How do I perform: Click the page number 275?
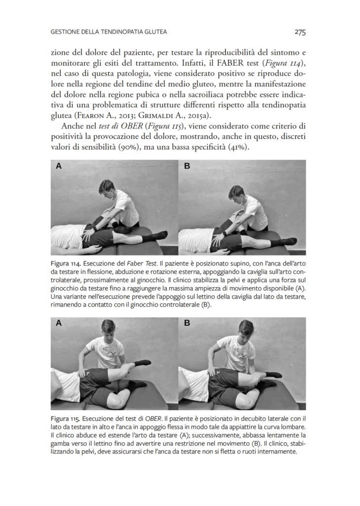300,32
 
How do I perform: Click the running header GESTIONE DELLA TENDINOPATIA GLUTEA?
109,32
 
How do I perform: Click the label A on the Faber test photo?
59,166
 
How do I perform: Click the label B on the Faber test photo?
187,166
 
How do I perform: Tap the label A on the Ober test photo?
59,323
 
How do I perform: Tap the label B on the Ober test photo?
187,323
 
